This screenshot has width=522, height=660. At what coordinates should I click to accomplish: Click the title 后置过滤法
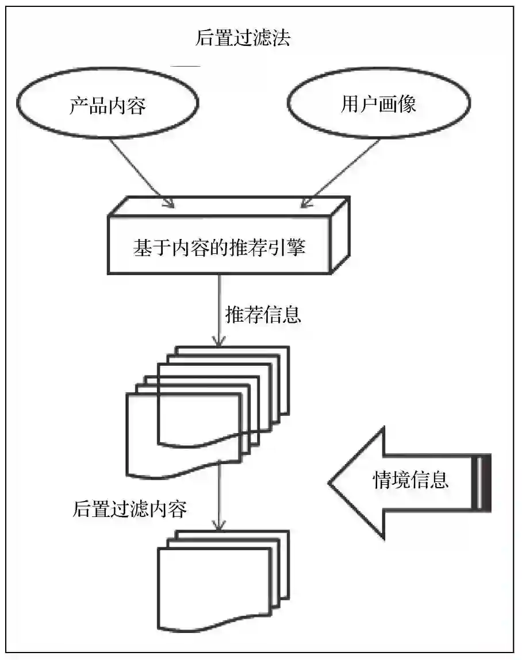coord(243,38)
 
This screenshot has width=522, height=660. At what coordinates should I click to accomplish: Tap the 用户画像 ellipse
coord(378,104)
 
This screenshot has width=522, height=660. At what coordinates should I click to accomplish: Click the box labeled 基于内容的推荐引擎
coord(219,248)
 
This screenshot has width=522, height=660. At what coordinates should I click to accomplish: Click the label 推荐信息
coord(263,315)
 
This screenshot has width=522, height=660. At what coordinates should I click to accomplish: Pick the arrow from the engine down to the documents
coord(218,310)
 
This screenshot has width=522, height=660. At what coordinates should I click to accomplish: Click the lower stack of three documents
coord(216,580)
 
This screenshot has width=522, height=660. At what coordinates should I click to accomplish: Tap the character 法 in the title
coord(281,38)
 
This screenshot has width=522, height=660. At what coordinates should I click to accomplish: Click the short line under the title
coord(185,67)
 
